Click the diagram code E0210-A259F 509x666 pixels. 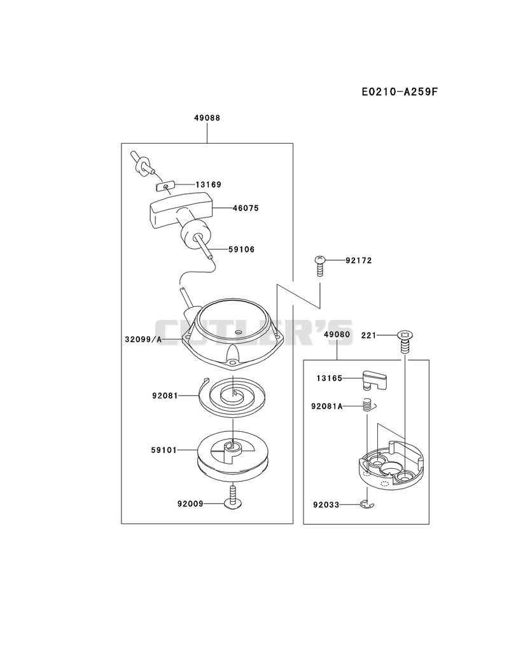pos(400,92)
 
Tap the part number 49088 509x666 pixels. pos(207,118)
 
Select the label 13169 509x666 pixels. pos(208,184)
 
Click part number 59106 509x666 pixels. pos(241,249)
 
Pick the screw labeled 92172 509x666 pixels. pos(319,266)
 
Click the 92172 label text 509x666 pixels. pos(359,260)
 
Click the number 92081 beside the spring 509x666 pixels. pos(165,396)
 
